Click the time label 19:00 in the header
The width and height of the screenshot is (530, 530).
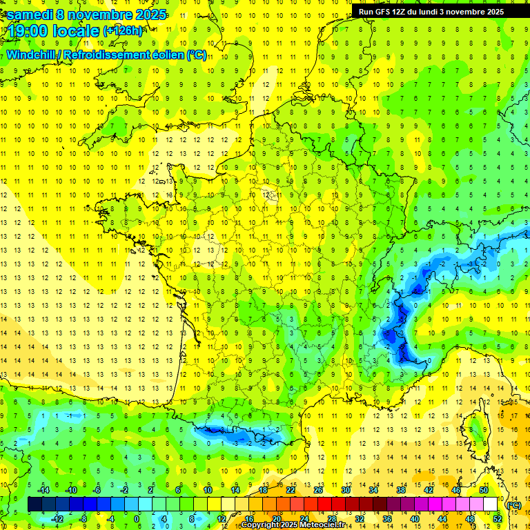[29, 31]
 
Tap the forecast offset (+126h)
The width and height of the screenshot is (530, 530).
[124, 31]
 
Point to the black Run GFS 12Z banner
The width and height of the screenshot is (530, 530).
[431, 11]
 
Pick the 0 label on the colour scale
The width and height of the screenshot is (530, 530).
[136, 519]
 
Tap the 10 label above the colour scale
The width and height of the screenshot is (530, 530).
[207, 490]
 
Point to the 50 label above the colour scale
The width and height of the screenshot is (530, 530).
[484, 490]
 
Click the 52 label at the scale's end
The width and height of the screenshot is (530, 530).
[497, 519]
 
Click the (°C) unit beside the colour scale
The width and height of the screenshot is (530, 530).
[513, 505]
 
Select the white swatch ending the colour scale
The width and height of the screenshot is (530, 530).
[490, 504]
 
